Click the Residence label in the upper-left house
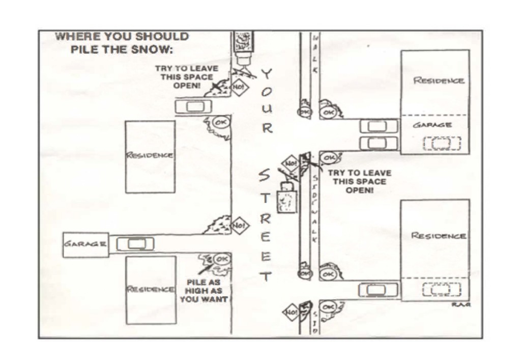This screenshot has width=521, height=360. [150, 155]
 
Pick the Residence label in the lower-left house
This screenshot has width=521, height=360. [151, 289]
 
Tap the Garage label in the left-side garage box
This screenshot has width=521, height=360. [85, 244]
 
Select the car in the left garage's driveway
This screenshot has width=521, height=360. [135, 244]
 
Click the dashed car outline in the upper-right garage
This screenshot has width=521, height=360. [442, 144]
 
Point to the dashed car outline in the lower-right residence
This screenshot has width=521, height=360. [442, 290]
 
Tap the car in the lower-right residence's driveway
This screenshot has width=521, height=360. [379, 290]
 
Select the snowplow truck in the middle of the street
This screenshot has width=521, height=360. [285, 199]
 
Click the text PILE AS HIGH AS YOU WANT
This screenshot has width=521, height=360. [204, 291]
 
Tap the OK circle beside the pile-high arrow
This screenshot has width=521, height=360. [222, 259]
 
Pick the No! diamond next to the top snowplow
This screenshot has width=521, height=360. [239, 87]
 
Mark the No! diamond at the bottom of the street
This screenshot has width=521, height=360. [291, 311]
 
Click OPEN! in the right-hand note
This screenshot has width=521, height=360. [360, 190]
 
